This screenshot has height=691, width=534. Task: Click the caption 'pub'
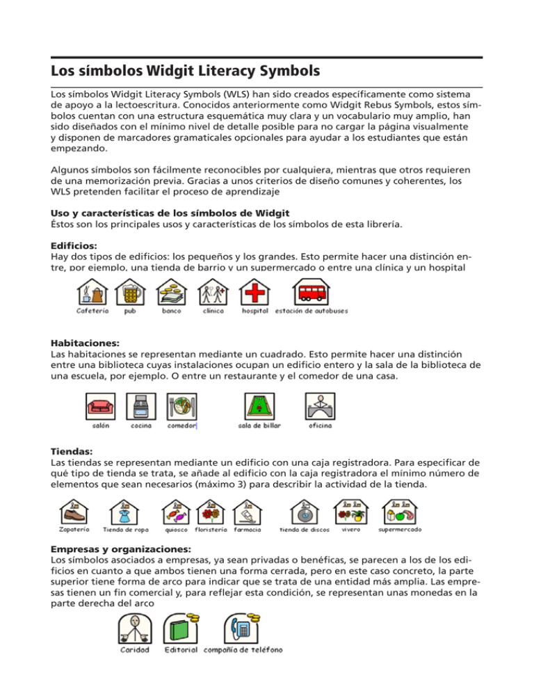tap(130, 311)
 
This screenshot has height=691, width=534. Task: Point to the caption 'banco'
tap(172, 311)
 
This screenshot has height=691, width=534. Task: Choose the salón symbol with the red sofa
tap(100, 405)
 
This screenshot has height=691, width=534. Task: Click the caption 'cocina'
tap(142, 425)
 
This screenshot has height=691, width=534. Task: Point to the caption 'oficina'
tap(320, 425)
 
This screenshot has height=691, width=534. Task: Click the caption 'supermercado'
tap(399, 529)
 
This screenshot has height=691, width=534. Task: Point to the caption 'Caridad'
tap(133, 650)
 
